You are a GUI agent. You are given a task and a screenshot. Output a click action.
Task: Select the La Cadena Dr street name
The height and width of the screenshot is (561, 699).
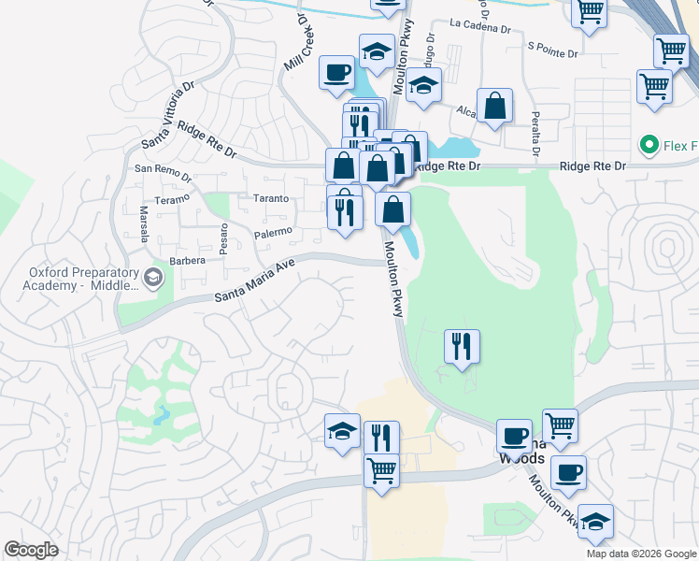[x=479, y=27]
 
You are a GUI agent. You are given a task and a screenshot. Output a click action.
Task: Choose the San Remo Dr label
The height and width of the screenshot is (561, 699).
[x=163, y=172]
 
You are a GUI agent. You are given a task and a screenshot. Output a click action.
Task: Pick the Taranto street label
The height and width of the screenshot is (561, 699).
[x=271, y=199]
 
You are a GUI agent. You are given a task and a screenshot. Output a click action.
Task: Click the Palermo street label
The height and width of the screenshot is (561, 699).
[x=273, y=231]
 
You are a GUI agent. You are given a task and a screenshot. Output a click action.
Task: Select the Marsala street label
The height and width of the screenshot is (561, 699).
[x=144, y=223]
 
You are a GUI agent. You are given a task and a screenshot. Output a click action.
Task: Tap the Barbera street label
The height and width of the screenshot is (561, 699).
[x=186, y=261]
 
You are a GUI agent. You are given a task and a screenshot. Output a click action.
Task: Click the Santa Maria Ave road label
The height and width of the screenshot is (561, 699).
[x=254, y=281]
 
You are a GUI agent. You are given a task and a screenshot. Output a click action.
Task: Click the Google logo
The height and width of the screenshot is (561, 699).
[x=32, y=550]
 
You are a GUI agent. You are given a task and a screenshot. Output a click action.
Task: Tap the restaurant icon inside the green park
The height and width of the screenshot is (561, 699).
[x=462, y=347]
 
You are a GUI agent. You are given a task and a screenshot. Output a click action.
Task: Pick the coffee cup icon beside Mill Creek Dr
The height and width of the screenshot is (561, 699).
[x=336, y=71]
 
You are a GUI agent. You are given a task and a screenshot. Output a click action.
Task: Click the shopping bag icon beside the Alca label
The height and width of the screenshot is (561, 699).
[x=494, y=107]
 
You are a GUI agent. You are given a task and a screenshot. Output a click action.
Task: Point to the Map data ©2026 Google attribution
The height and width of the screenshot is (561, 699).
[x=640, y=554]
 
